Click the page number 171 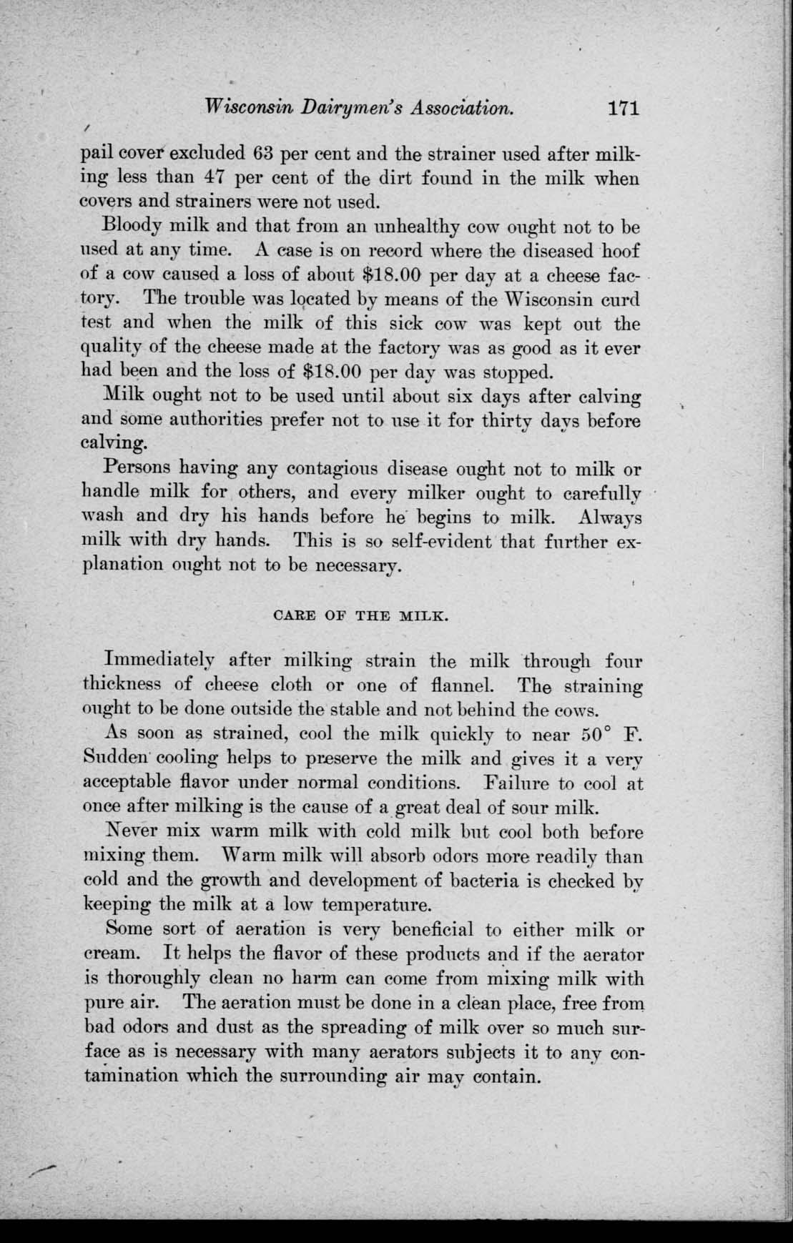click(x=621, y=109)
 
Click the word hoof click(x=620, y=251)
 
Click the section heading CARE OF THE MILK click(x=361, y=613)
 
